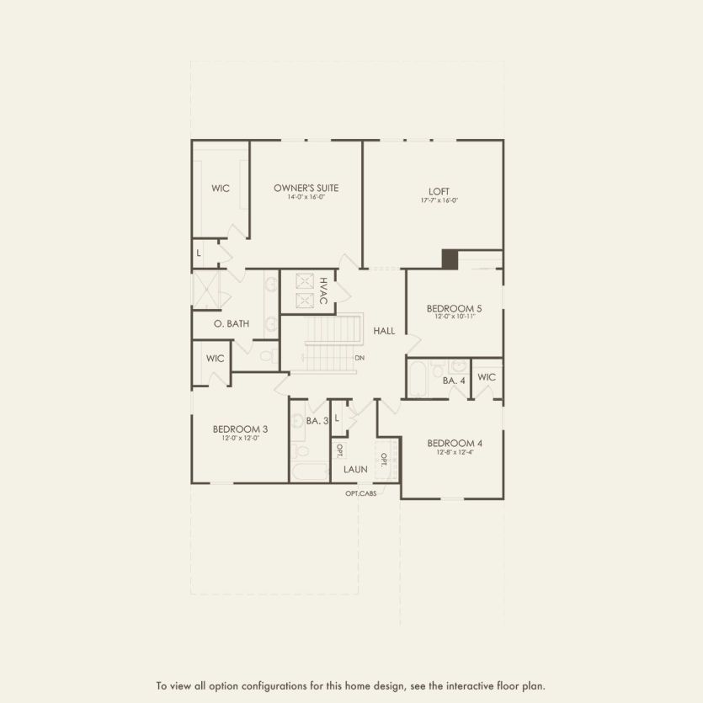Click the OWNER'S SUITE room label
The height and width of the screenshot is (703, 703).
[x=306, y=188]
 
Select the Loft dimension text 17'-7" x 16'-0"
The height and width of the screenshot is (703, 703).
[x=439, y=200]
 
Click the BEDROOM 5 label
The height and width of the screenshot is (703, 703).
[x=454, y=308]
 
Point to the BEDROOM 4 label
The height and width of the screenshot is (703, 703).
[x=454, y=443]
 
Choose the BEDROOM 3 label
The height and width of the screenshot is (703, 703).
[x=235, y=429]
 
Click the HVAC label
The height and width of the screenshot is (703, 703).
[x=322, y=290]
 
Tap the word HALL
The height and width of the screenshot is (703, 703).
[x=384, y=332]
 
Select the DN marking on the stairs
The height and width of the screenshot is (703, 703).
[x=359, y=358]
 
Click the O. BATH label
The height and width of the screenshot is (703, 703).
[x=231, y=323]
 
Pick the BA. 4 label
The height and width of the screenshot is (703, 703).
[x=454, y=381]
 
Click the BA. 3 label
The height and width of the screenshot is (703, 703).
[x=317, y=420]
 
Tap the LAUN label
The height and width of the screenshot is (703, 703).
[x=354, y=469]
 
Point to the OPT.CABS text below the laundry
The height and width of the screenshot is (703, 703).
[x=360, y=493]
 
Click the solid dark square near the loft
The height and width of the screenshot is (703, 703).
[x=450, y=258]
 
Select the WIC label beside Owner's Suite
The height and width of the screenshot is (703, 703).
[x=220, y=189]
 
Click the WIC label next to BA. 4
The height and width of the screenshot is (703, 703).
[x=487, y=377]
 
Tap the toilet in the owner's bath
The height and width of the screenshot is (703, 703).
[x=268, y=357]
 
